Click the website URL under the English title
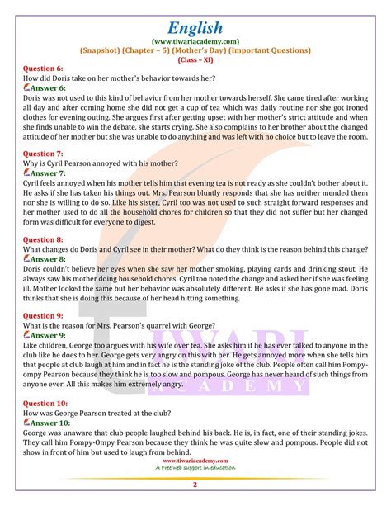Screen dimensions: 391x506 (x=195, y=38)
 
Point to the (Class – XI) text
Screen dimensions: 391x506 (x=195, y=59)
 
